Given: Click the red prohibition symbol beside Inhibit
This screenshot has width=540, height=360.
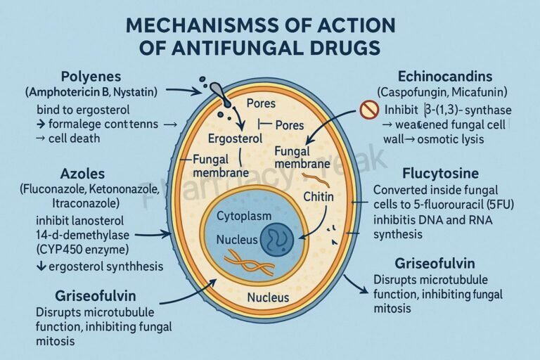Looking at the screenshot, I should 368,110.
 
